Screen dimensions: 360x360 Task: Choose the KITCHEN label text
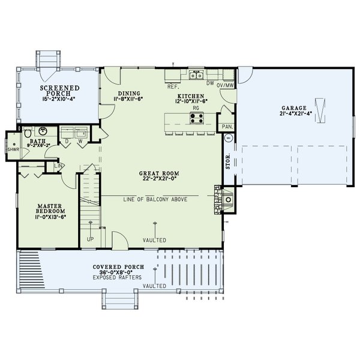191,96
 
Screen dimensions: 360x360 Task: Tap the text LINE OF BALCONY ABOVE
155,199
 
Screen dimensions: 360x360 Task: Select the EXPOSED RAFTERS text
118,278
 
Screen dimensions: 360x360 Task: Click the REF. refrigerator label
173,86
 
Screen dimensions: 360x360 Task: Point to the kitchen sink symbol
196,75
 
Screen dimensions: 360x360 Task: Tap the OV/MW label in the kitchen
225,85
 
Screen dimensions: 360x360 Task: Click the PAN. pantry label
227,127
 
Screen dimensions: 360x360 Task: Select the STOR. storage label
229,163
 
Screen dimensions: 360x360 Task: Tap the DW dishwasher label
210,85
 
